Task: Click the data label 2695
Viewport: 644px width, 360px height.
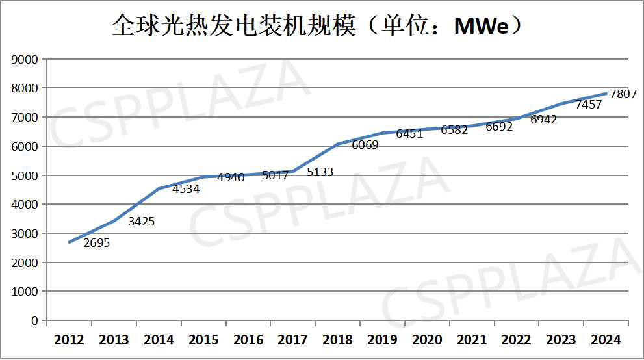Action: click(97, 244)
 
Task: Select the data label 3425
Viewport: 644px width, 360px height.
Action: click(141, 222)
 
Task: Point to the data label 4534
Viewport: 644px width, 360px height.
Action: click(186, 190)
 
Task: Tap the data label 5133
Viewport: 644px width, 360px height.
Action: click(320, 172)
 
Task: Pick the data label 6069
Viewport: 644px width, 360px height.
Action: click(365, 145)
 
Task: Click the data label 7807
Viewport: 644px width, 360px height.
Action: click(623, 95)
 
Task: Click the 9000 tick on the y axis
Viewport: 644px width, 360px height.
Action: click(25, 59)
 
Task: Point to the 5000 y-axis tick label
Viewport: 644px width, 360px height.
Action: click(25, 175)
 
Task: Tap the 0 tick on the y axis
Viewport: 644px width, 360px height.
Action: click(34, 321)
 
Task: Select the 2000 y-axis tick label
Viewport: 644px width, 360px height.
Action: click(25, 263)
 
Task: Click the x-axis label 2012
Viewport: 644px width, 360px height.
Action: click(69, 340)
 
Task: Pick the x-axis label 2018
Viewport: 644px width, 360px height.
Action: click(338, 340)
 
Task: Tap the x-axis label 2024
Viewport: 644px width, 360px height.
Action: click(606, 340)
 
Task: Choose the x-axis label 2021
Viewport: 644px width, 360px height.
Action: click(472, 340)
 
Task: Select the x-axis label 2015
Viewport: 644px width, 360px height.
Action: click(203, 340)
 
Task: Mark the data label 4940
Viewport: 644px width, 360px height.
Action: click(231, 177)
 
